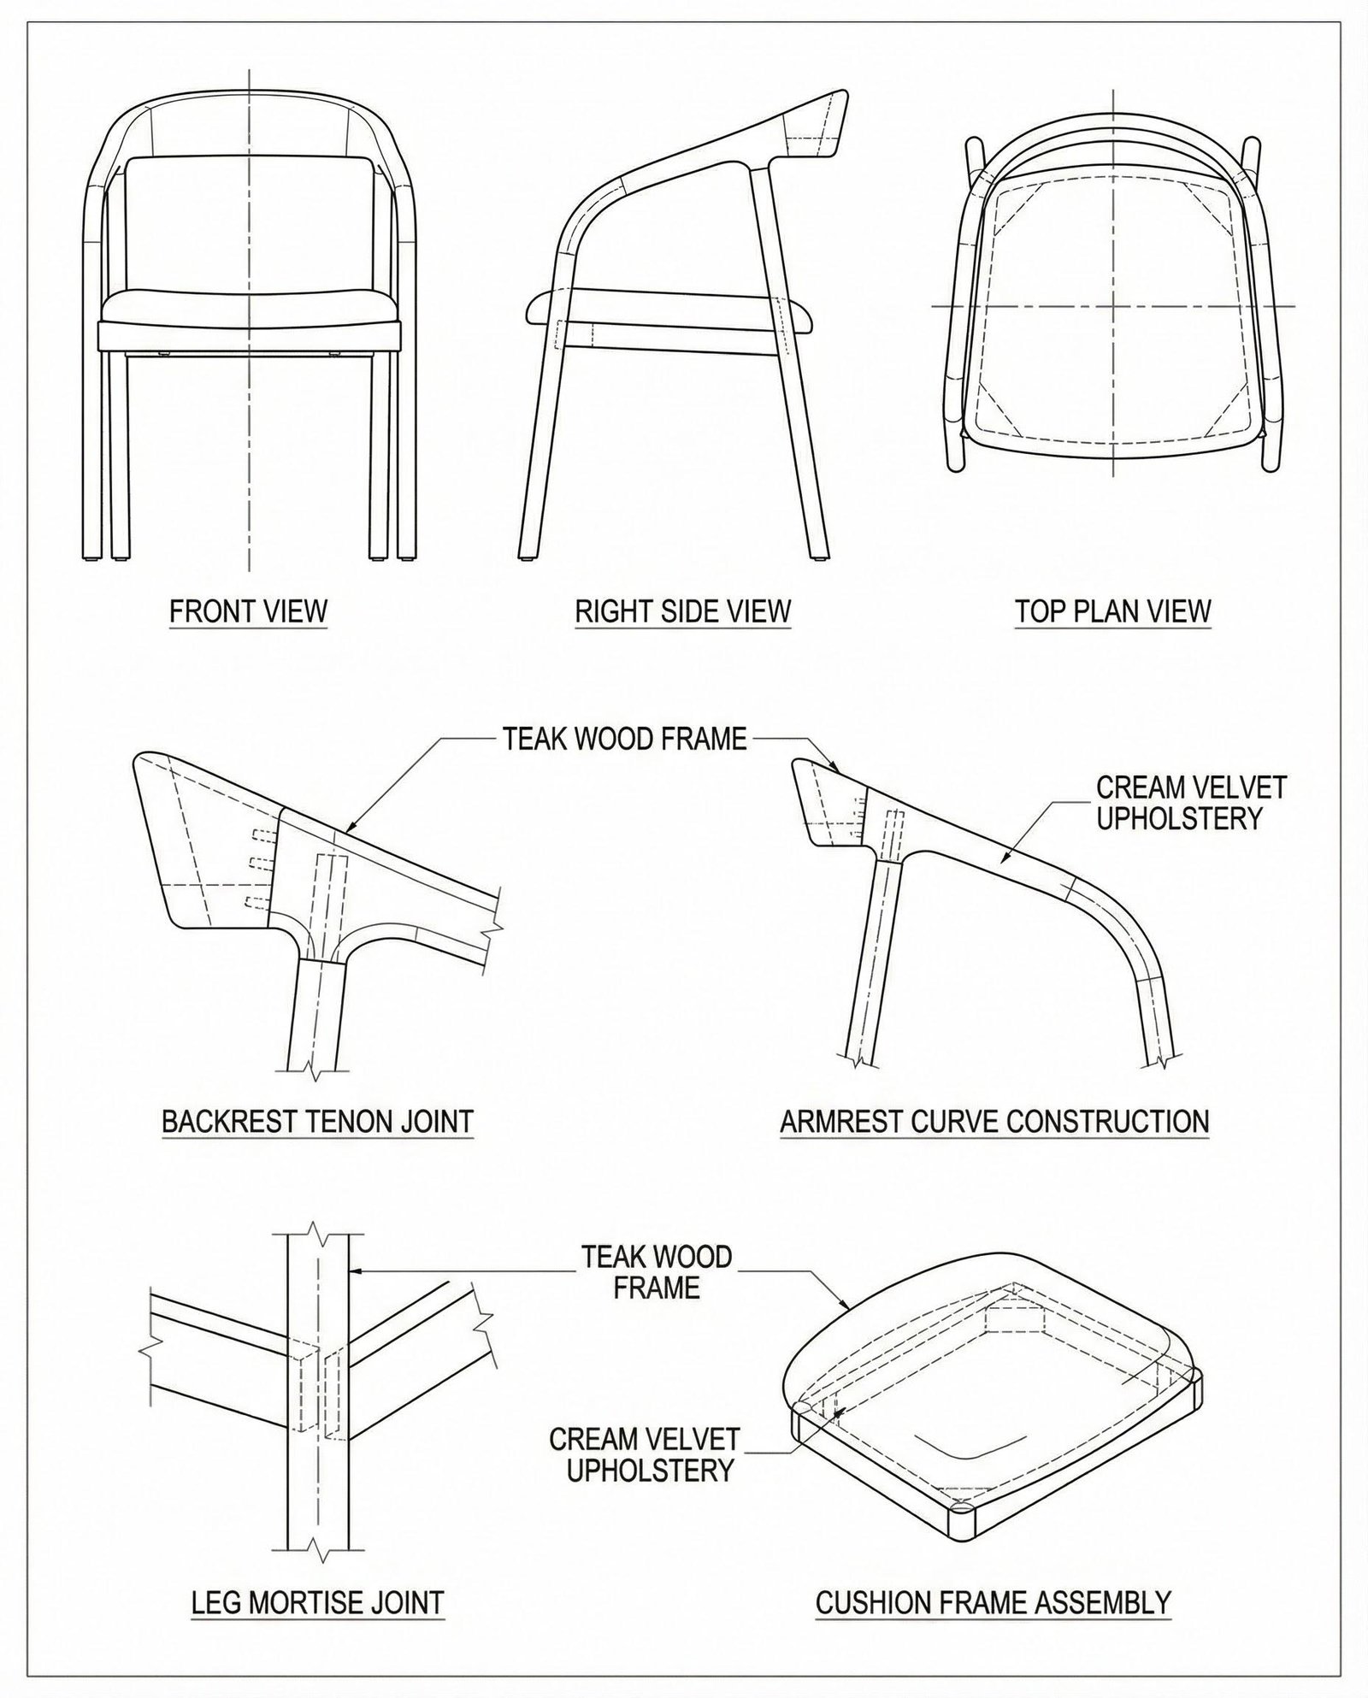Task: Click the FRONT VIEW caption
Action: click(249, 612)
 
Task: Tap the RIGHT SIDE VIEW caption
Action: click(683, 612)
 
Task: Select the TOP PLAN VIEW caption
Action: click(1113, 612)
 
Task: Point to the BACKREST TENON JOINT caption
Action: click(318, 1121)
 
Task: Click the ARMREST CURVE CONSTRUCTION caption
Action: click(995, 1121)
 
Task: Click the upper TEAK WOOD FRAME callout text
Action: click(625, 739)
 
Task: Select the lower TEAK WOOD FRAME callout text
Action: click(657, 1271)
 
